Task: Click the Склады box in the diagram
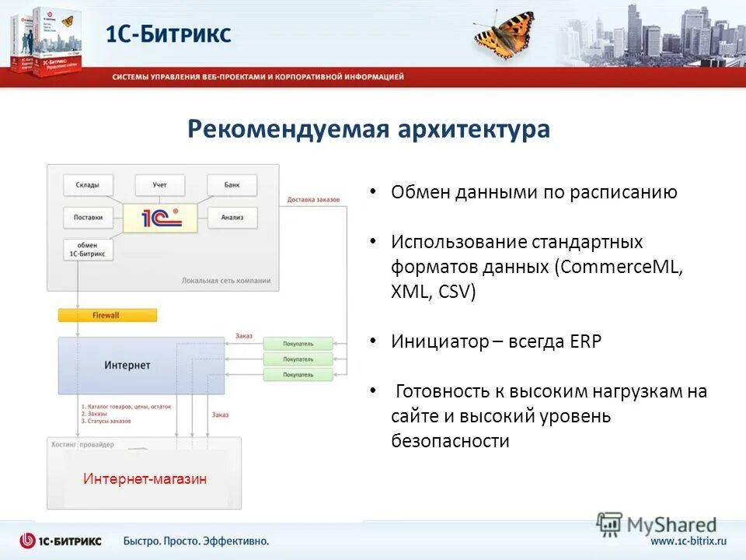point(88,184)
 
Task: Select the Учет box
point(160,184)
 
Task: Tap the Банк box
point(232,184)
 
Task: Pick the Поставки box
point(88,217)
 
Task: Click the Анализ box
point(232,217)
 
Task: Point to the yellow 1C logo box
point(161,217)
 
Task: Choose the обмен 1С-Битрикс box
point(88,250)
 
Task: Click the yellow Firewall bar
point(107,315)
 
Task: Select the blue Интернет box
point(127,365)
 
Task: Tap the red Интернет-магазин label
point(145,479)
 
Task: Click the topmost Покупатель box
point(298,343)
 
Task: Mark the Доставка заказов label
point(314,200)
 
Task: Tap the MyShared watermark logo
point(657,523)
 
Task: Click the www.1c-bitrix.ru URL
point(688,541)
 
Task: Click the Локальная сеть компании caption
point(225,280)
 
